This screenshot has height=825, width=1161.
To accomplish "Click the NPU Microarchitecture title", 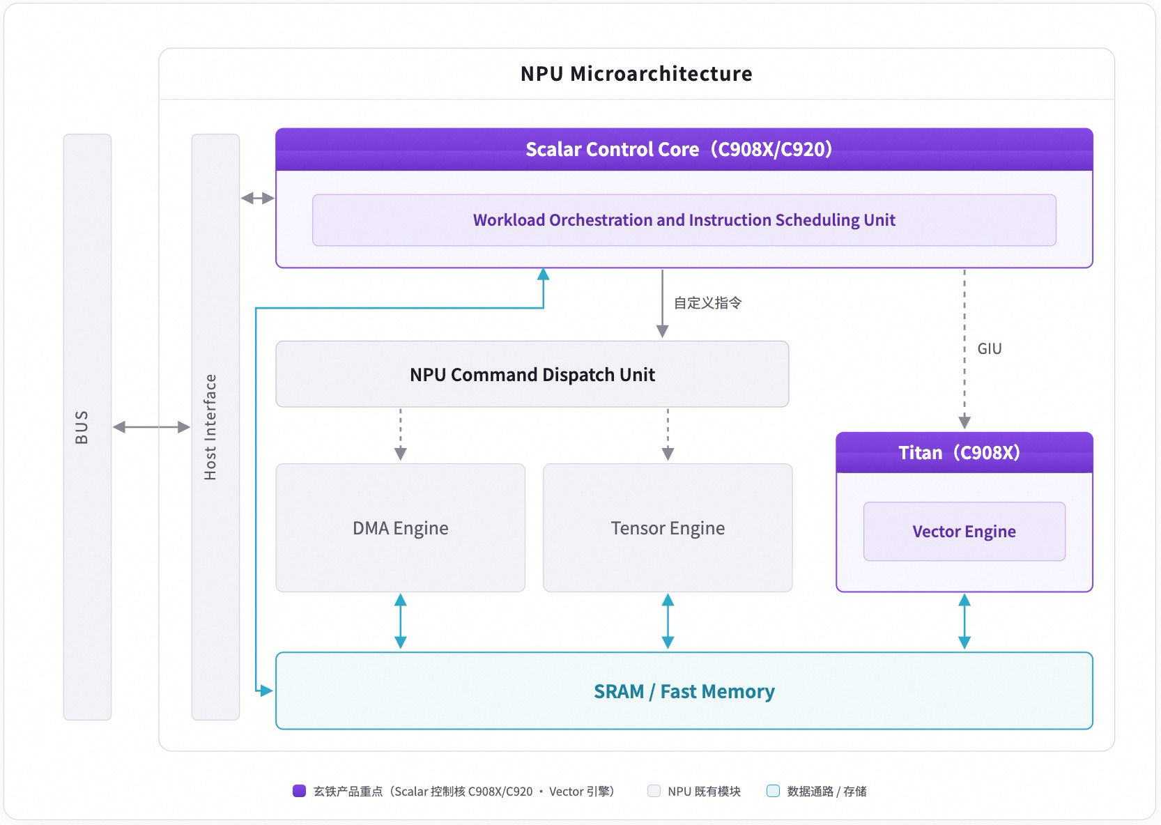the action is click(x=636, y=74).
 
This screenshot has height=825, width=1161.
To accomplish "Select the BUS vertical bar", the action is click(x=87, y=427).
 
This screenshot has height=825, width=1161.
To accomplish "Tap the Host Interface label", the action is click(x=210, y=427).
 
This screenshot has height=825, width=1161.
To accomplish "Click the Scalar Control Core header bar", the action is click(x=684, y=149).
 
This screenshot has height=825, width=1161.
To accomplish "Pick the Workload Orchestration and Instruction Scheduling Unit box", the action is click(x=684, y=220).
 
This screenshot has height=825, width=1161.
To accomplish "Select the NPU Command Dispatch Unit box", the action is click(x=532, y=374).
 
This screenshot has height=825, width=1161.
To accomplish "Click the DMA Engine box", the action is click(x=400, y=527).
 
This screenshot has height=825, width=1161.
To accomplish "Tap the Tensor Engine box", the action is click(x=668, y=527).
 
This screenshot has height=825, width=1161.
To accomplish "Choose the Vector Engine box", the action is click(x=964, y=531).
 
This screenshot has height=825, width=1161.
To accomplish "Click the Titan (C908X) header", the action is click(x=964, y=452).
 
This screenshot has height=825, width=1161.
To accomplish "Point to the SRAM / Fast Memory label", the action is click(x=684, y=691).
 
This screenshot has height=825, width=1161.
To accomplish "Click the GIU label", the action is click(x=989, y=349).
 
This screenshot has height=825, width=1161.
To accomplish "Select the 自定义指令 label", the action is click(x=707, y=302).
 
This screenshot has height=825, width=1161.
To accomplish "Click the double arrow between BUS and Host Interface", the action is click(x=151, y=427).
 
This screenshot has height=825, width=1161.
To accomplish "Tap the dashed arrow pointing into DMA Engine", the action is click(x=400, y=434).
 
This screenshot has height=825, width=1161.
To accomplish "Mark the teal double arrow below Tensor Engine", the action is click(x=668, y=622).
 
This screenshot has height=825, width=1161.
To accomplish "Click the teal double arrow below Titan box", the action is click(x=964, y=622).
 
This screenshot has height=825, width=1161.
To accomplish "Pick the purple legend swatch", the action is click(x=299, y=791).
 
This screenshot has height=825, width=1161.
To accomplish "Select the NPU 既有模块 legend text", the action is click(x=704, y=792).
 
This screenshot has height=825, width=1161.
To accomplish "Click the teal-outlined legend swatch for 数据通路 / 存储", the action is click(x=773, y=791).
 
